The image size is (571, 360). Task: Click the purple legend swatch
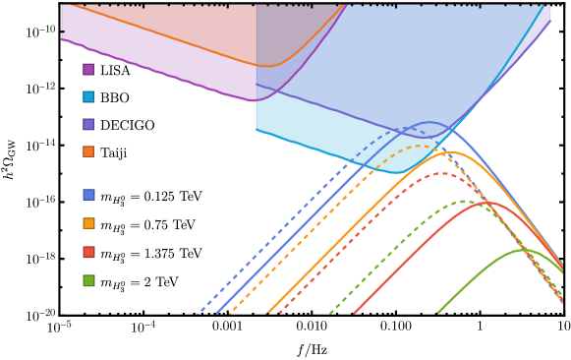tap(88, 69)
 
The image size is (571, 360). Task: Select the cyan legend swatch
tap(88, 96)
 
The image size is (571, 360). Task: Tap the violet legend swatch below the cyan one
tap(88, 124)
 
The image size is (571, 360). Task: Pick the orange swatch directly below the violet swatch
tap(88, 151)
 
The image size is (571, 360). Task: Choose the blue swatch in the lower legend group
tap(88, 195)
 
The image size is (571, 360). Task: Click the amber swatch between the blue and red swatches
tap(88, 223)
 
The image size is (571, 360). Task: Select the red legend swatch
tap(88, 252)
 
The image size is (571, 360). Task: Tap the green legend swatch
tap(88, 280)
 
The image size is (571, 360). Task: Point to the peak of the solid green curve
tap(522, 250)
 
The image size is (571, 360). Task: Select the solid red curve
tap(413, 256)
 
